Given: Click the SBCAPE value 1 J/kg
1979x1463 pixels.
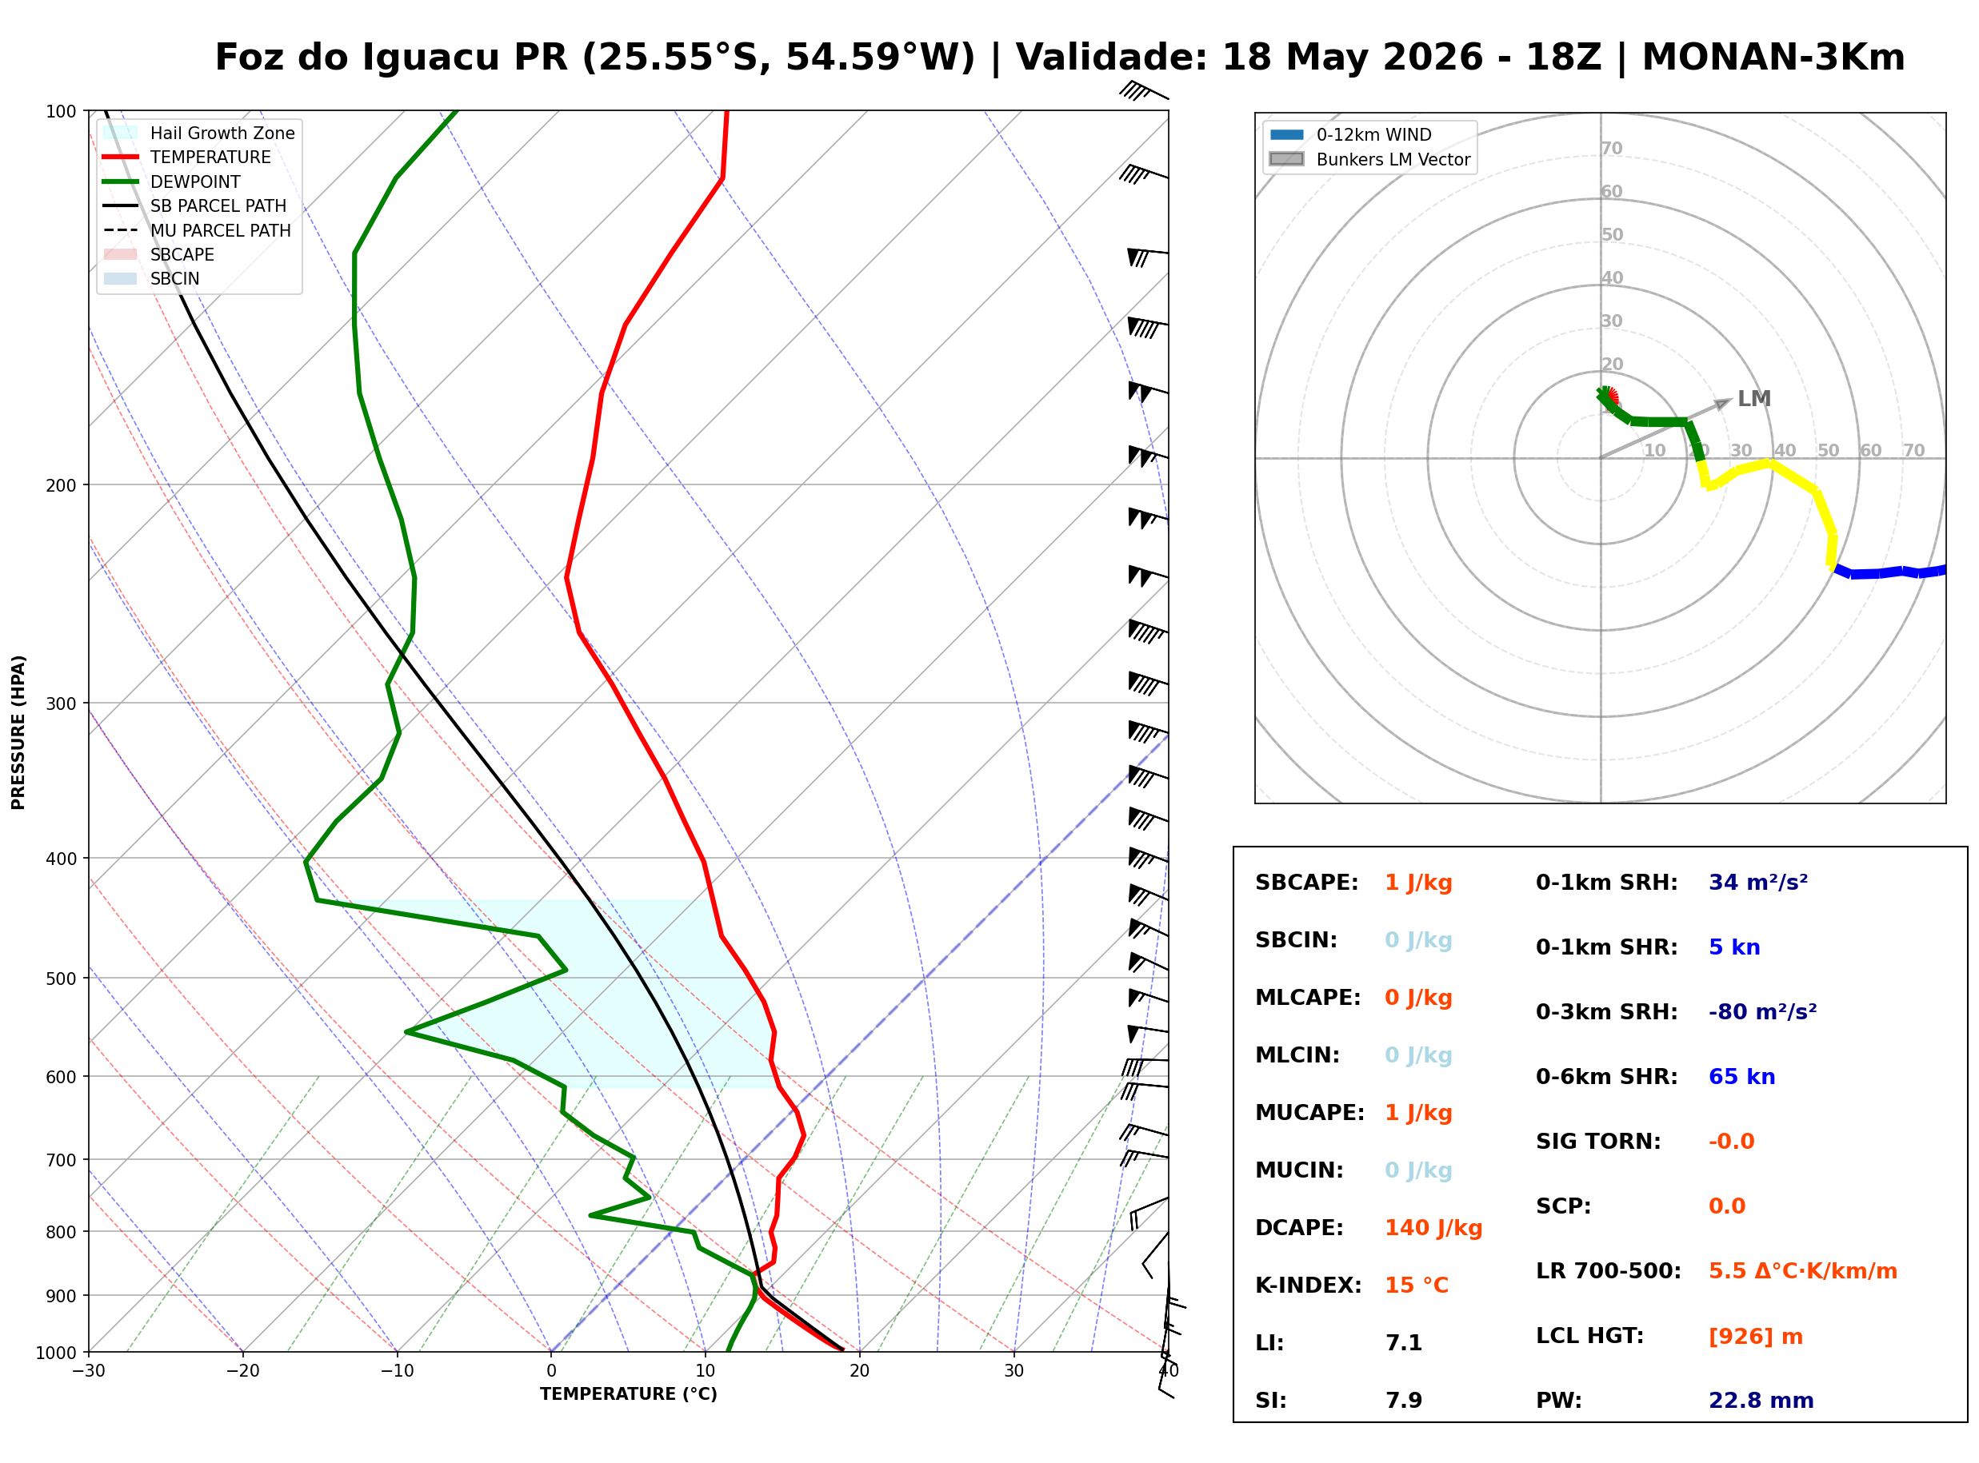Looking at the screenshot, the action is (x=1417, y=883).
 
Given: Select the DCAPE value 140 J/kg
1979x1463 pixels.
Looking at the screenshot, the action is (x=1433, y=1228).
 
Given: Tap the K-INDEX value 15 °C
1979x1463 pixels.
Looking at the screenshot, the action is (x=1416, y=1286).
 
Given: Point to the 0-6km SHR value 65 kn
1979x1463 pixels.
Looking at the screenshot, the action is (x=1741, y=1077).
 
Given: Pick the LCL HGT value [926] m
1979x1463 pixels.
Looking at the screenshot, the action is (x=1755, y=1337).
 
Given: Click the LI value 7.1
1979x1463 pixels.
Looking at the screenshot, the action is (x=1403, y=1343).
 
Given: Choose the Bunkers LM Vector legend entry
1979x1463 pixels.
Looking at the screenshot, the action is (x=1369, y=159).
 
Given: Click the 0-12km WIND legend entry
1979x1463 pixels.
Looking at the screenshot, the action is (x=1349, y=134).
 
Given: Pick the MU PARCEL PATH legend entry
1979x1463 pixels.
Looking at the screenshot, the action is (x=197, y=230).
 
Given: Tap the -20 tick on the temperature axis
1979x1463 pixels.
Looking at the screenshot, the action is (x=242, y=1371).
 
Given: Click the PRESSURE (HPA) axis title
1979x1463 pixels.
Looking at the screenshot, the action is (x=18, y=732).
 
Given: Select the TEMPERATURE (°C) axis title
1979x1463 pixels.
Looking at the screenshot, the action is (x=629, y=1394).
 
